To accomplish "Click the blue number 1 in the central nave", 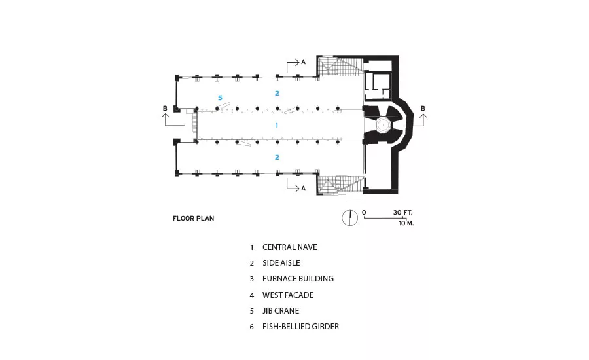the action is [x=277, y=125].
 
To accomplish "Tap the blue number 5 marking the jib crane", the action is [x=220, y=98].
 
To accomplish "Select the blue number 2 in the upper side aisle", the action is [x=277, y=93].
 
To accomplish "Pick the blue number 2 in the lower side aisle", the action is [x=277, y=158].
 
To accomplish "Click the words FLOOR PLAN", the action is [x=194, y=219].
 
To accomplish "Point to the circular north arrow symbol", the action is [x=349, y=218].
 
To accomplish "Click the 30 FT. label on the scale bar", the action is [x=402, y=213].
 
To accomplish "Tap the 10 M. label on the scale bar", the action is [x=406, y=223].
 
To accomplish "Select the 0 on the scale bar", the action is [x=364, y=213].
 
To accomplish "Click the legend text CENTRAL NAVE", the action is [x=290, y=247].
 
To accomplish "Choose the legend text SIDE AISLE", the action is [x=281, y=263].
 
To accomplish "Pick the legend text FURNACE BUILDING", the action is [x=298, y=279].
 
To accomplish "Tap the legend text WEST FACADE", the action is [x=288, y=295].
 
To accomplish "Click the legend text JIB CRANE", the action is [x=281, y=311].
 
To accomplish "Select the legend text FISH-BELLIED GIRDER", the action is [x=300, y=327].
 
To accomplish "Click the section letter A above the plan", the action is [x=304, y=62].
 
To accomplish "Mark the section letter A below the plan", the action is [x=304, y=189].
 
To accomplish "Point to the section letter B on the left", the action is [x=165, y=108].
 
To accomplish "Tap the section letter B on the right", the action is [x=423, y=108].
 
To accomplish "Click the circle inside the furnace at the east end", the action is [x=383, y=124].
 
